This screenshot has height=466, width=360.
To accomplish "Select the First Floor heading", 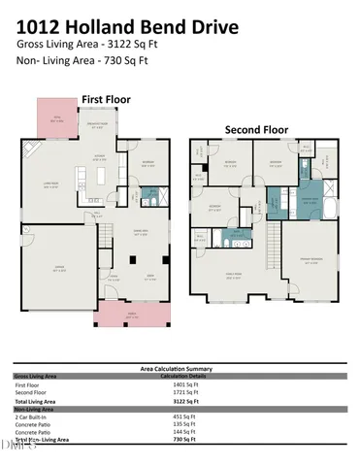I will coord(107,99).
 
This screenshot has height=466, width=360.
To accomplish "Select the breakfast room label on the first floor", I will coord(98,123).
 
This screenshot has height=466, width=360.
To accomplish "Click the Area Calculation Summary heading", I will coord(180,369).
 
